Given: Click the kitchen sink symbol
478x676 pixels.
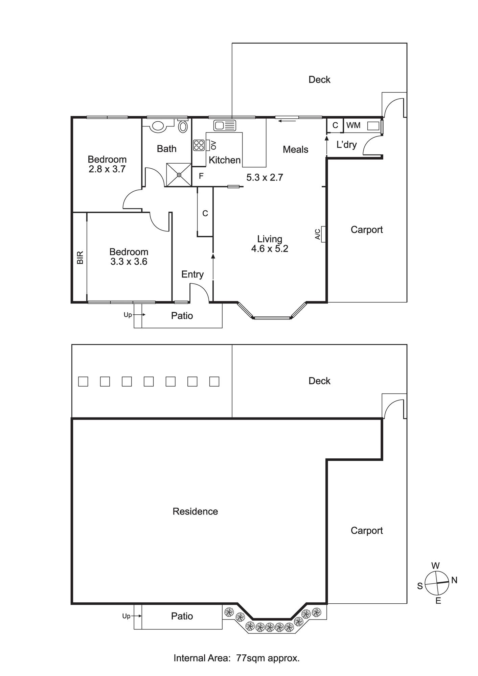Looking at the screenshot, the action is coord(225,126).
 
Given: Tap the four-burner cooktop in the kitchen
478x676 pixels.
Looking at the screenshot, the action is coord(199,145).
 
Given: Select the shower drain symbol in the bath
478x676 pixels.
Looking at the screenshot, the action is coord(179,174).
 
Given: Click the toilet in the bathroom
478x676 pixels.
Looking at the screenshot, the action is coord(183,126).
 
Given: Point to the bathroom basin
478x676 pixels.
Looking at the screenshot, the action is coord(158,126).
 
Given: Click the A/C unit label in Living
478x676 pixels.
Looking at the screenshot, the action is coord(318,234).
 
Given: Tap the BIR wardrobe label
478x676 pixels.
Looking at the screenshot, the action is coord(80,258).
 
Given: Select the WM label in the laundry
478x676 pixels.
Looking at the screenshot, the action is coord(353,125).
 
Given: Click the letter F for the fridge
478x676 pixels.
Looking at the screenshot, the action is coord(201,176).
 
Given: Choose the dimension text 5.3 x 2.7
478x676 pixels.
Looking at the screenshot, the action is coord(265,177).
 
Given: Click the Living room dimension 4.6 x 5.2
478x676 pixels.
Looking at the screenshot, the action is coord(270,249).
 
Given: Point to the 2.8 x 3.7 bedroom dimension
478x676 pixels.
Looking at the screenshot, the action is coord(107,169).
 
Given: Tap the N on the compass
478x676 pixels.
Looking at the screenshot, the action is coord(454,580).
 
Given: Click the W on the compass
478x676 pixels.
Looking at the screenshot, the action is coord(435,565).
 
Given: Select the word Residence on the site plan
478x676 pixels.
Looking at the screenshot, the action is coord(195,511).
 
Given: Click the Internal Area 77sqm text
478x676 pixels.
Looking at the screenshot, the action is coord(236,658).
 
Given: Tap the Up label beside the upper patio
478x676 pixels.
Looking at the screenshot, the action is coord(128,315).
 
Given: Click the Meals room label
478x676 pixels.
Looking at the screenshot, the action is coord(296,149).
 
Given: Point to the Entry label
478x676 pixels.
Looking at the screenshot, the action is coord(192,274).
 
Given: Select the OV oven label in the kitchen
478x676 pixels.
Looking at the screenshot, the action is coord(213,145).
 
